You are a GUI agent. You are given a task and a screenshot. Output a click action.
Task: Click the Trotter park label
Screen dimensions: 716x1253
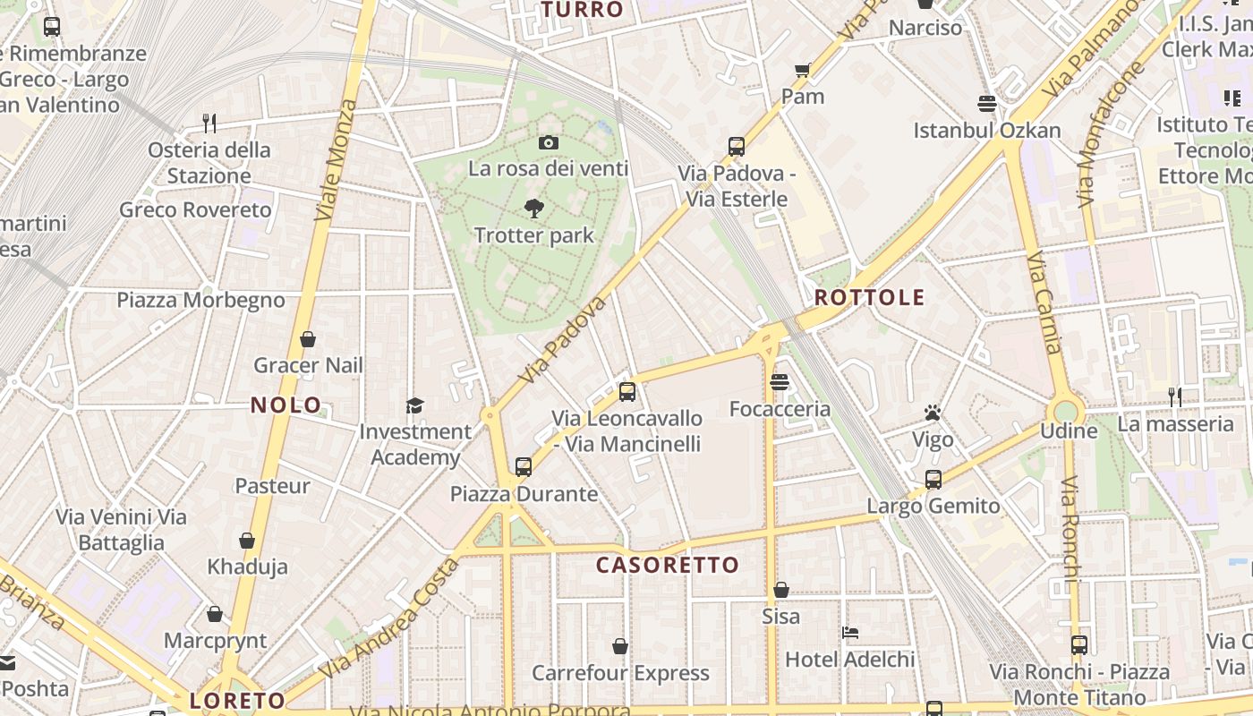tap(533, 235)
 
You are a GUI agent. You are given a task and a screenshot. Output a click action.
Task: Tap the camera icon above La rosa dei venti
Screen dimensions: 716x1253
tap(549, 142)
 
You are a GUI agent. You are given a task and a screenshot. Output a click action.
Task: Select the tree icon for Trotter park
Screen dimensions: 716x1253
tap(534, 209)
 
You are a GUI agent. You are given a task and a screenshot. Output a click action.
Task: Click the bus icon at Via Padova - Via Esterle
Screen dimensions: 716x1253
tap(737, 147)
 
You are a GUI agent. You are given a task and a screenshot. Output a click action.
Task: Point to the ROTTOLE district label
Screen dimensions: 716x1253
tap(869, 297)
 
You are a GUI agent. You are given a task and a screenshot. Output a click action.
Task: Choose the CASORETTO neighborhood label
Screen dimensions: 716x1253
tap(668, 565)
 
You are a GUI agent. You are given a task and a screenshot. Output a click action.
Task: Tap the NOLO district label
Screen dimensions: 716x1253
tap(286, 405)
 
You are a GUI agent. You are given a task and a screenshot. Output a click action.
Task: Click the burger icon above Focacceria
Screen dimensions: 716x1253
tap(780, 382)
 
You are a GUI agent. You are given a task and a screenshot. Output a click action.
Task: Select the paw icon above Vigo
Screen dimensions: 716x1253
tap(933, 413)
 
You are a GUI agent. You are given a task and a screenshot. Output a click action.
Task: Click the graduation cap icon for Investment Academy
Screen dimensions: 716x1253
tap(414, 405)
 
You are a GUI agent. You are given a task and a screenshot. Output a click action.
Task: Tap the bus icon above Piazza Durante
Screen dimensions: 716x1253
tap(524, 466)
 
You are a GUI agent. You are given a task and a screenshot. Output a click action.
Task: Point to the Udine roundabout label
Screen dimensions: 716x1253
tap(1069, 431)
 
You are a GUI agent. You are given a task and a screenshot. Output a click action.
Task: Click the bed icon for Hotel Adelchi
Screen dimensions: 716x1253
tap(850, 633)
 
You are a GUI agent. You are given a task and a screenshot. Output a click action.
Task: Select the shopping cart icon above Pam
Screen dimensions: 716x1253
tap(803, 70)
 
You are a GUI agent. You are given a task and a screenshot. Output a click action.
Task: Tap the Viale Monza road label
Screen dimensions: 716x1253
tap(336, 161)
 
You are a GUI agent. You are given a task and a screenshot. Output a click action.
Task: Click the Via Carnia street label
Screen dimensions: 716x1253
tap(1044, 304)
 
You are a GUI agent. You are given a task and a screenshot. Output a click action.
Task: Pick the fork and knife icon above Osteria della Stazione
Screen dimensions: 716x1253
tap(209, 123)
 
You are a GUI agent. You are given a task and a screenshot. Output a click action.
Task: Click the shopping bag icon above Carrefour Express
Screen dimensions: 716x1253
tap(620, 646)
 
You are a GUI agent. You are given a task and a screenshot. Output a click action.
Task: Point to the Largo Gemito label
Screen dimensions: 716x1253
tap(933, 506)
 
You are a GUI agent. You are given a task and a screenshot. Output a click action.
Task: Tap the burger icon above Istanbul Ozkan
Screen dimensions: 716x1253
tap(987, 104)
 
